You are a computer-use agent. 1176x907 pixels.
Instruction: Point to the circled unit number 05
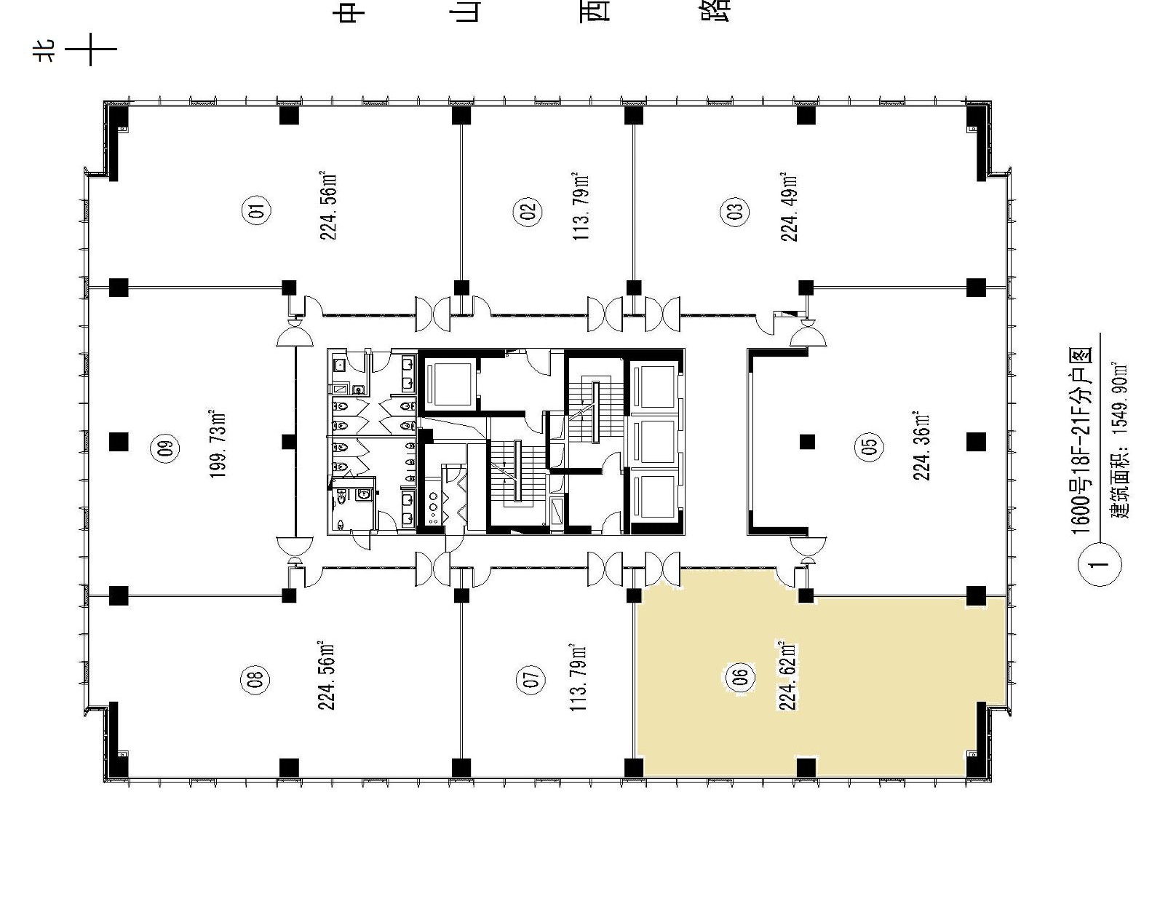point(869,446)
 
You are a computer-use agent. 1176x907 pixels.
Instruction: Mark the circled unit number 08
point(256,678)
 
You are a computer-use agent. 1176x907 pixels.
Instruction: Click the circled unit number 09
point(166,448)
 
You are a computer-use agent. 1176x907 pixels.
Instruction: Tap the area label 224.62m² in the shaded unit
point(788,676)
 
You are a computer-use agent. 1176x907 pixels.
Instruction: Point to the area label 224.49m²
point(788,207)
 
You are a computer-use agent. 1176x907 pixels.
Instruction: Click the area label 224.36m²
point(921,446)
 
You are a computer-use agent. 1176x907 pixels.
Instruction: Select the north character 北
point(45,49)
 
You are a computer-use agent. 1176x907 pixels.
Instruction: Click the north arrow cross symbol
point(90,49)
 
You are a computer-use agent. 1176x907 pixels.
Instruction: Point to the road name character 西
point(595,9)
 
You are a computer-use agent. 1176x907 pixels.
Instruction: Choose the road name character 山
point(467,9)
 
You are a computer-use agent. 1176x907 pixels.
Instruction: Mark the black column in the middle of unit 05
point(807,442)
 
